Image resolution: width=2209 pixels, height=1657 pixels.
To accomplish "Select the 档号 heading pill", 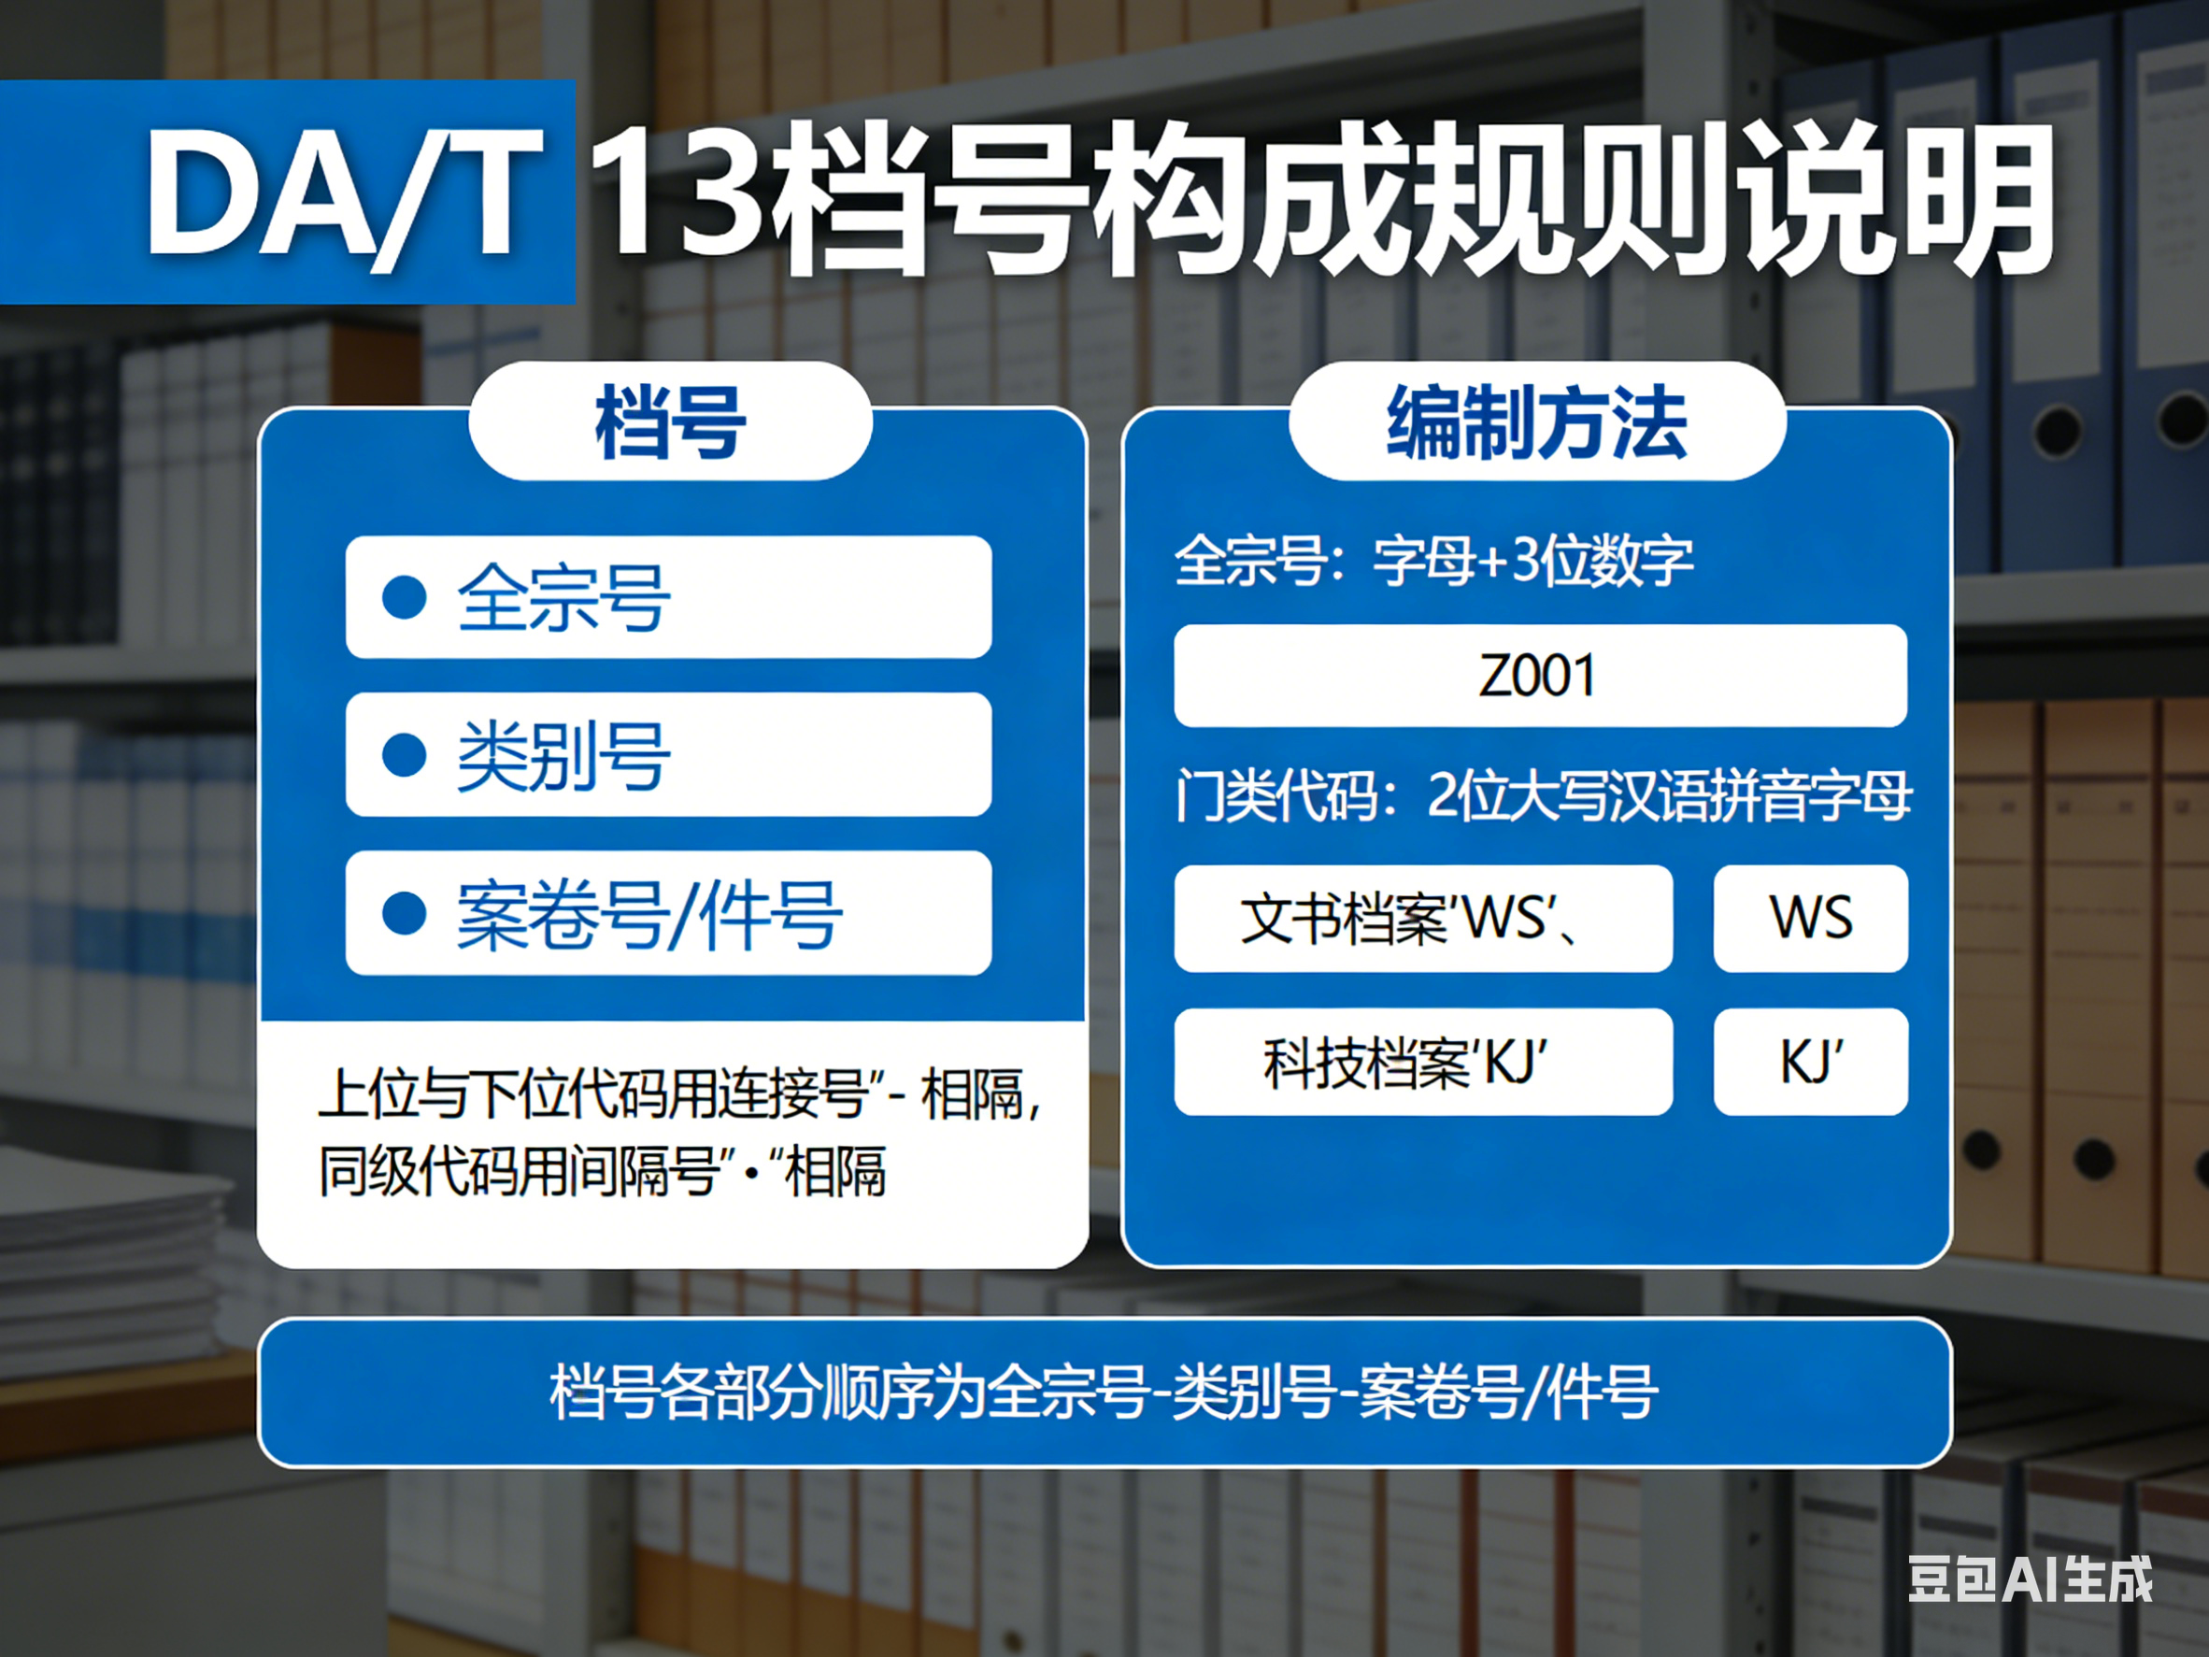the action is point(670,421).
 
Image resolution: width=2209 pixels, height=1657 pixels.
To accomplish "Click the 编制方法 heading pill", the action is point(1537,421).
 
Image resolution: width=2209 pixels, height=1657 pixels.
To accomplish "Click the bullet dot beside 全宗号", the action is point(405,597).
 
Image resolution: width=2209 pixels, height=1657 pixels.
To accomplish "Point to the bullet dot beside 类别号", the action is point(405,755).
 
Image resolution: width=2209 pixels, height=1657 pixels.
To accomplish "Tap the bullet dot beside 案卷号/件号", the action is point(405,913).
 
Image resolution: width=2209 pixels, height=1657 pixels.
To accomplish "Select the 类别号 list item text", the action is point(563,755).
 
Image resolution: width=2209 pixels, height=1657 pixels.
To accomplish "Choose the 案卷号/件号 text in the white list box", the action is point(649,914).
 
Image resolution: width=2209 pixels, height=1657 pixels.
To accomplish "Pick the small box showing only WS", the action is point(1811,918).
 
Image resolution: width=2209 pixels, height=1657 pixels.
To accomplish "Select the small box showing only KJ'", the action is point(1811,1061).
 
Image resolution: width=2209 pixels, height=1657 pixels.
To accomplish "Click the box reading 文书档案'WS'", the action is point(1423,918).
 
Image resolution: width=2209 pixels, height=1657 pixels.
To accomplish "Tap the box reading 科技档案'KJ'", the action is point(1423,1061).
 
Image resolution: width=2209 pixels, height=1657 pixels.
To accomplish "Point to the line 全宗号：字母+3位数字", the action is point(1434,561).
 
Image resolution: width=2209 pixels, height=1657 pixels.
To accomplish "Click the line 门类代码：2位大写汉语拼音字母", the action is point(1543,795).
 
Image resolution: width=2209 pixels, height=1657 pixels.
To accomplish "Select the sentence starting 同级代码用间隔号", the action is point(602,1171).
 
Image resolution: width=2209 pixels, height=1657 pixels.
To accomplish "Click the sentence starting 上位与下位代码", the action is point(680,1093).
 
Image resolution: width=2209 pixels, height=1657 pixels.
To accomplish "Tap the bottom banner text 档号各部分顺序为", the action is point(1104,1392).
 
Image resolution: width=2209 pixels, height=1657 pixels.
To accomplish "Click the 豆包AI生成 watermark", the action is point(2031,1579).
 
